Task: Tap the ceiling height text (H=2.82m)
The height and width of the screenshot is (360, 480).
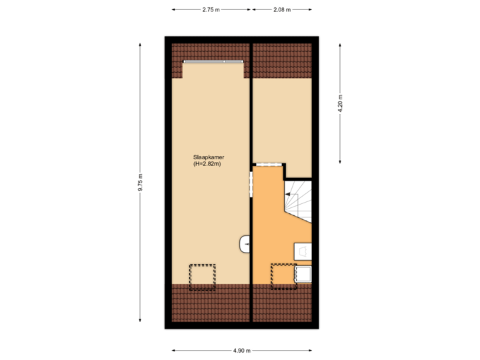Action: (x=207, y=164)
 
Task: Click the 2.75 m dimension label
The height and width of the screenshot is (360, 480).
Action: (x=211, y=10)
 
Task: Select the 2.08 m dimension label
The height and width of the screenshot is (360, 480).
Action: (x=281, y=10)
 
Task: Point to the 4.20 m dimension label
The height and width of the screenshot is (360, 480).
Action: (x=340, y=103)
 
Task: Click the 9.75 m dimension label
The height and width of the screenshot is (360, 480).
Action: (x=140, y=183)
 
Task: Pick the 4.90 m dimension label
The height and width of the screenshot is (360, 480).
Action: (x=241, y=349)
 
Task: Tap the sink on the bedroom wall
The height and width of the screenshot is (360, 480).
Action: (x=245, y=244)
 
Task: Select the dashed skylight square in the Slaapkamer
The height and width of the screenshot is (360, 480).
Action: (x=202, y=276)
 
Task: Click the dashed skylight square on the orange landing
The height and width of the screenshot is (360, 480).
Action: (x=283, y=275)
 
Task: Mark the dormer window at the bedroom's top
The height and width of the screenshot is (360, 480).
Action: (x=213, y=62)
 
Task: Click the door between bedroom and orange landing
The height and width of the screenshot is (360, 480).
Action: (x=251, y=185)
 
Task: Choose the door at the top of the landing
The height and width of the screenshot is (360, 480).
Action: (x=269, y=164)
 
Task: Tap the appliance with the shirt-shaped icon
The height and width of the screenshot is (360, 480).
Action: (x=303, y=251)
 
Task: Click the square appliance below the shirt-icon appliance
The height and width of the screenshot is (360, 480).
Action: (x=303, y=274)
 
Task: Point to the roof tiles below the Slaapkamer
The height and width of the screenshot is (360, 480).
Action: (x=210, y=303)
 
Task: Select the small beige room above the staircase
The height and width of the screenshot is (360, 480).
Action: (x=281, y=120)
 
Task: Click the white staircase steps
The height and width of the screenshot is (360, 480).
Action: (x=299, y=200)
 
